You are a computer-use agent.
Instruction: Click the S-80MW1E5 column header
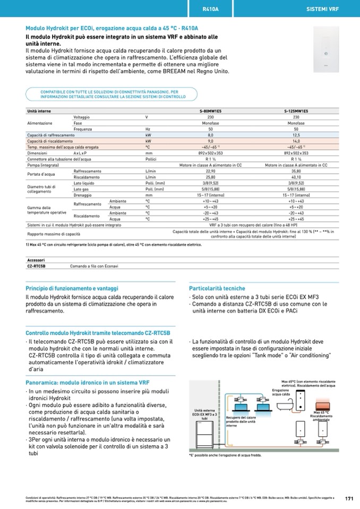(210, 111)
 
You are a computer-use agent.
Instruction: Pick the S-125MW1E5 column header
(296, 111)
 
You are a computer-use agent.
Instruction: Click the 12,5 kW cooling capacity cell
(296, 135)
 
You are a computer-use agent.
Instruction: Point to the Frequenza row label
(83, 129)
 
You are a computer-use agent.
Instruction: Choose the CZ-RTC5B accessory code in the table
(37, 265)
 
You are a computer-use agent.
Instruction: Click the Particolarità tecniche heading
(217, 288)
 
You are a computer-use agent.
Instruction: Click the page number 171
(349, 498)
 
